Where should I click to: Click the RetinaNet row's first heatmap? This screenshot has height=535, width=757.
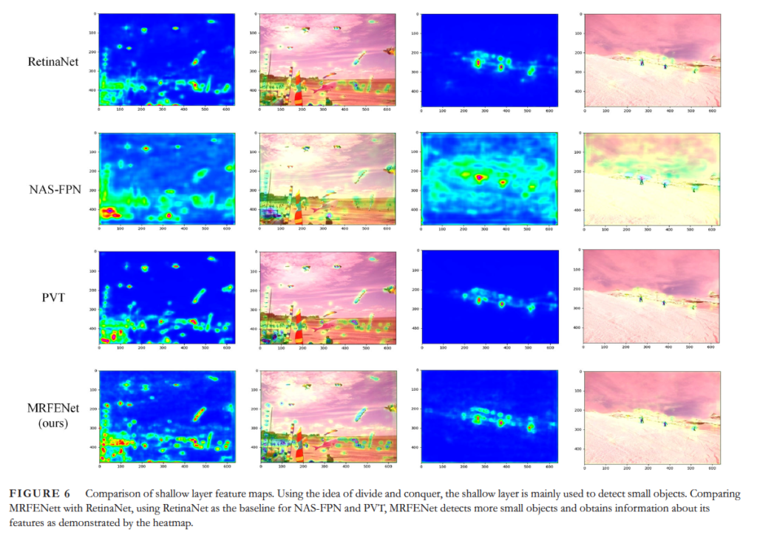pyautogui.click(x=166, y=58)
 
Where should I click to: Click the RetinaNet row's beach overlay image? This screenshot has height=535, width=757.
pyautogui.click(x=327, y=58)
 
